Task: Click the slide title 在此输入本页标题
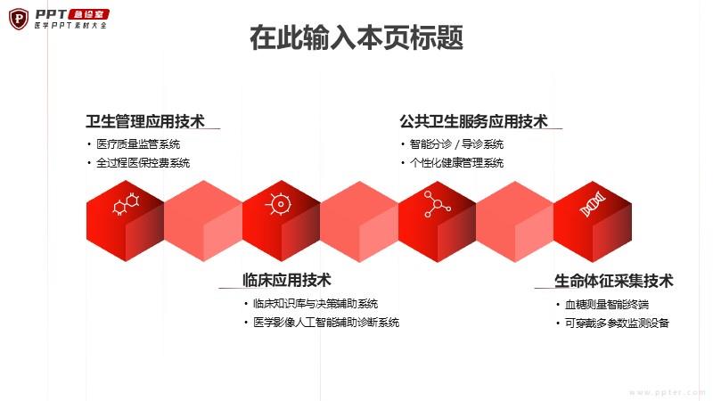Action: (356, 37)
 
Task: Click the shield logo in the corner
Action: (19, 19)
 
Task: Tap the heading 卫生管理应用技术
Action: (145, 121)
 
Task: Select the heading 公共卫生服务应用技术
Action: (474, 121)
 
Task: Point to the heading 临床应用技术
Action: (286, 280)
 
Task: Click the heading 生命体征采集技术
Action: (613, 281)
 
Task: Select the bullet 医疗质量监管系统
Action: (138, 144)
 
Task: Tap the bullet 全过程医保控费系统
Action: (143, 163)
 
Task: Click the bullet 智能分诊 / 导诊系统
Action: (456, 144)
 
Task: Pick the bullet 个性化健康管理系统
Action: (456, 163)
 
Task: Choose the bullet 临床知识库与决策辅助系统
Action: (316, 303)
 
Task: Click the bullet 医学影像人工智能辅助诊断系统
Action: (326, 323)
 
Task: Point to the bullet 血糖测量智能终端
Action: (607, 304)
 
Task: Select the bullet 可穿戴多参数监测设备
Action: (617, 323)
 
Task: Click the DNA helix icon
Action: (593, 204)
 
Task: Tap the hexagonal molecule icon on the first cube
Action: (126, 204)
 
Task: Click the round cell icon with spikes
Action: (280, 204)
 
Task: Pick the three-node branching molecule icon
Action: (437, 204)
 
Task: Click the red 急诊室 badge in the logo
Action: (88, 14)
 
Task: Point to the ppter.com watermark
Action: (667, 392)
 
